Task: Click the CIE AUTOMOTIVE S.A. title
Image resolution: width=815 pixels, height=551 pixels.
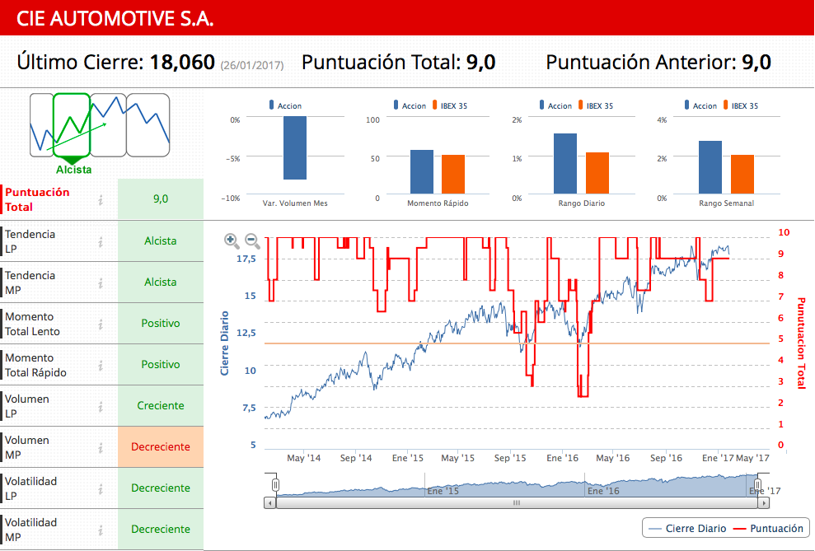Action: (x=115, y=18)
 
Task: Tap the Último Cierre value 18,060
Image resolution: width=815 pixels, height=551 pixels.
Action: (x=182, y=63)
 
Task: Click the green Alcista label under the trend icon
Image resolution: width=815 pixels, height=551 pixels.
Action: (x=74, y=170)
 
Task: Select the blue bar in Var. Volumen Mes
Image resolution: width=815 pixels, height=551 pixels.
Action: (x=295, y=147)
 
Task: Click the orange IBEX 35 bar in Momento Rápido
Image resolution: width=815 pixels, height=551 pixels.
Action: (x=453, y=174)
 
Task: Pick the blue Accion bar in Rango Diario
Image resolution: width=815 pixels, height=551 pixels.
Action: (x=565, y=163)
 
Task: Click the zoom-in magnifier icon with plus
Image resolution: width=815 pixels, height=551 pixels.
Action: (x=232, y=240)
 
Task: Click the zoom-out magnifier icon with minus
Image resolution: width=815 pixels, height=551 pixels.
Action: (x=252, y=240)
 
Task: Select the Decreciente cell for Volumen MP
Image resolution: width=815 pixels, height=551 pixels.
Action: (x=161, y=447)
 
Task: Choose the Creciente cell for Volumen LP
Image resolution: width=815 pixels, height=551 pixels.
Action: (x=161, y=406)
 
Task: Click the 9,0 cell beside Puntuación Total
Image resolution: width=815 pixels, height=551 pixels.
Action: (x=161, y=199)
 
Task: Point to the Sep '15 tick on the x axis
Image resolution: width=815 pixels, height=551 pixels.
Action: (x=510, y=458)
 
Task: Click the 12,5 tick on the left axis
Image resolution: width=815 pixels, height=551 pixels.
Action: (x=246, y=333)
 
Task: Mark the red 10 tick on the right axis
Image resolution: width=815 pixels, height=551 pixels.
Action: (x=784, y=233)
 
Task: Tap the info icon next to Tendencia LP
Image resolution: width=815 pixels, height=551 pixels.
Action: (x=101, y=241)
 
